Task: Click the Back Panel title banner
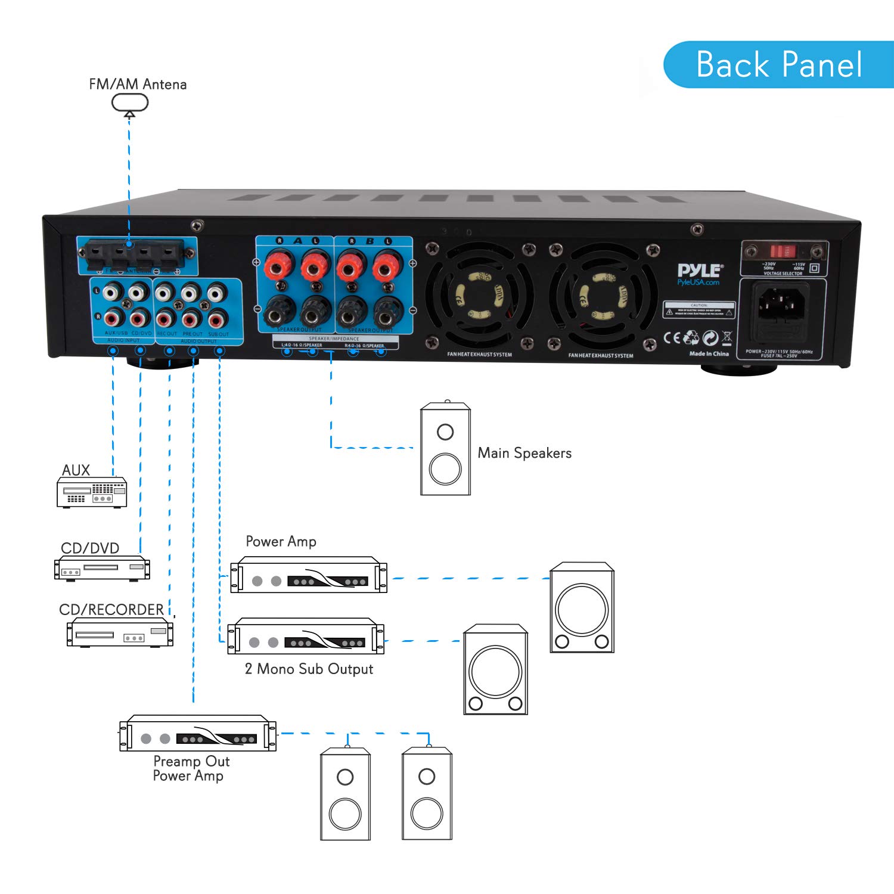point(778,64)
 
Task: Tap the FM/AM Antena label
point(138,84)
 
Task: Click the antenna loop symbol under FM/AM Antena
point(130,103)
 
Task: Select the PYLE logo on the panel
point(700,271)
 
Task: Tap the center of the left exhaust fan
point(479,296)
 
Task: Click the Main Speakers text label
point(524,453)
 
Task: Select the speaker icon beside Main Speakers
point(445,449)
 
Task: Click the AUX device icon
point(92,492)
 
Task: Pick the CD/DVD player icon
point(102,567)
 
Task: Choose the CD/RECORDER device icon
point(120,632)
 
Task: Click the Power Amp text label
point(281,541)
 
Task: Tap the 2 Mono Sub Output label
point(309,669)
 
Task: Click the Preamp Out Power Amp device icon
point(197,733)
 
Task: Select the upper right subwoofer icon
point(582,607)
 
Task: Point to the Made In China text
point(709,354)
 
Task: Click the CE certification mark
point(672,338)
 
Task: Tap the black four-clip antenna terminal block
point(137,255)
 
